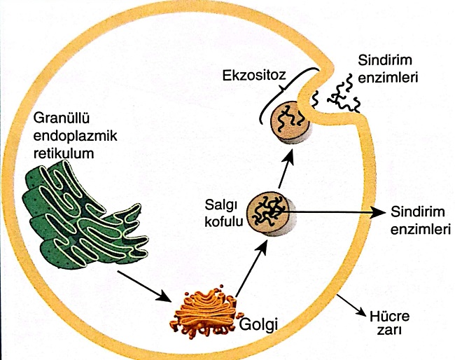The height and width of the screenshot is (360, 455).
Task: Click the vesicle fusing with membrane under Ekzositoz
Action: pyautogui.click(x=288, y=122)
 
